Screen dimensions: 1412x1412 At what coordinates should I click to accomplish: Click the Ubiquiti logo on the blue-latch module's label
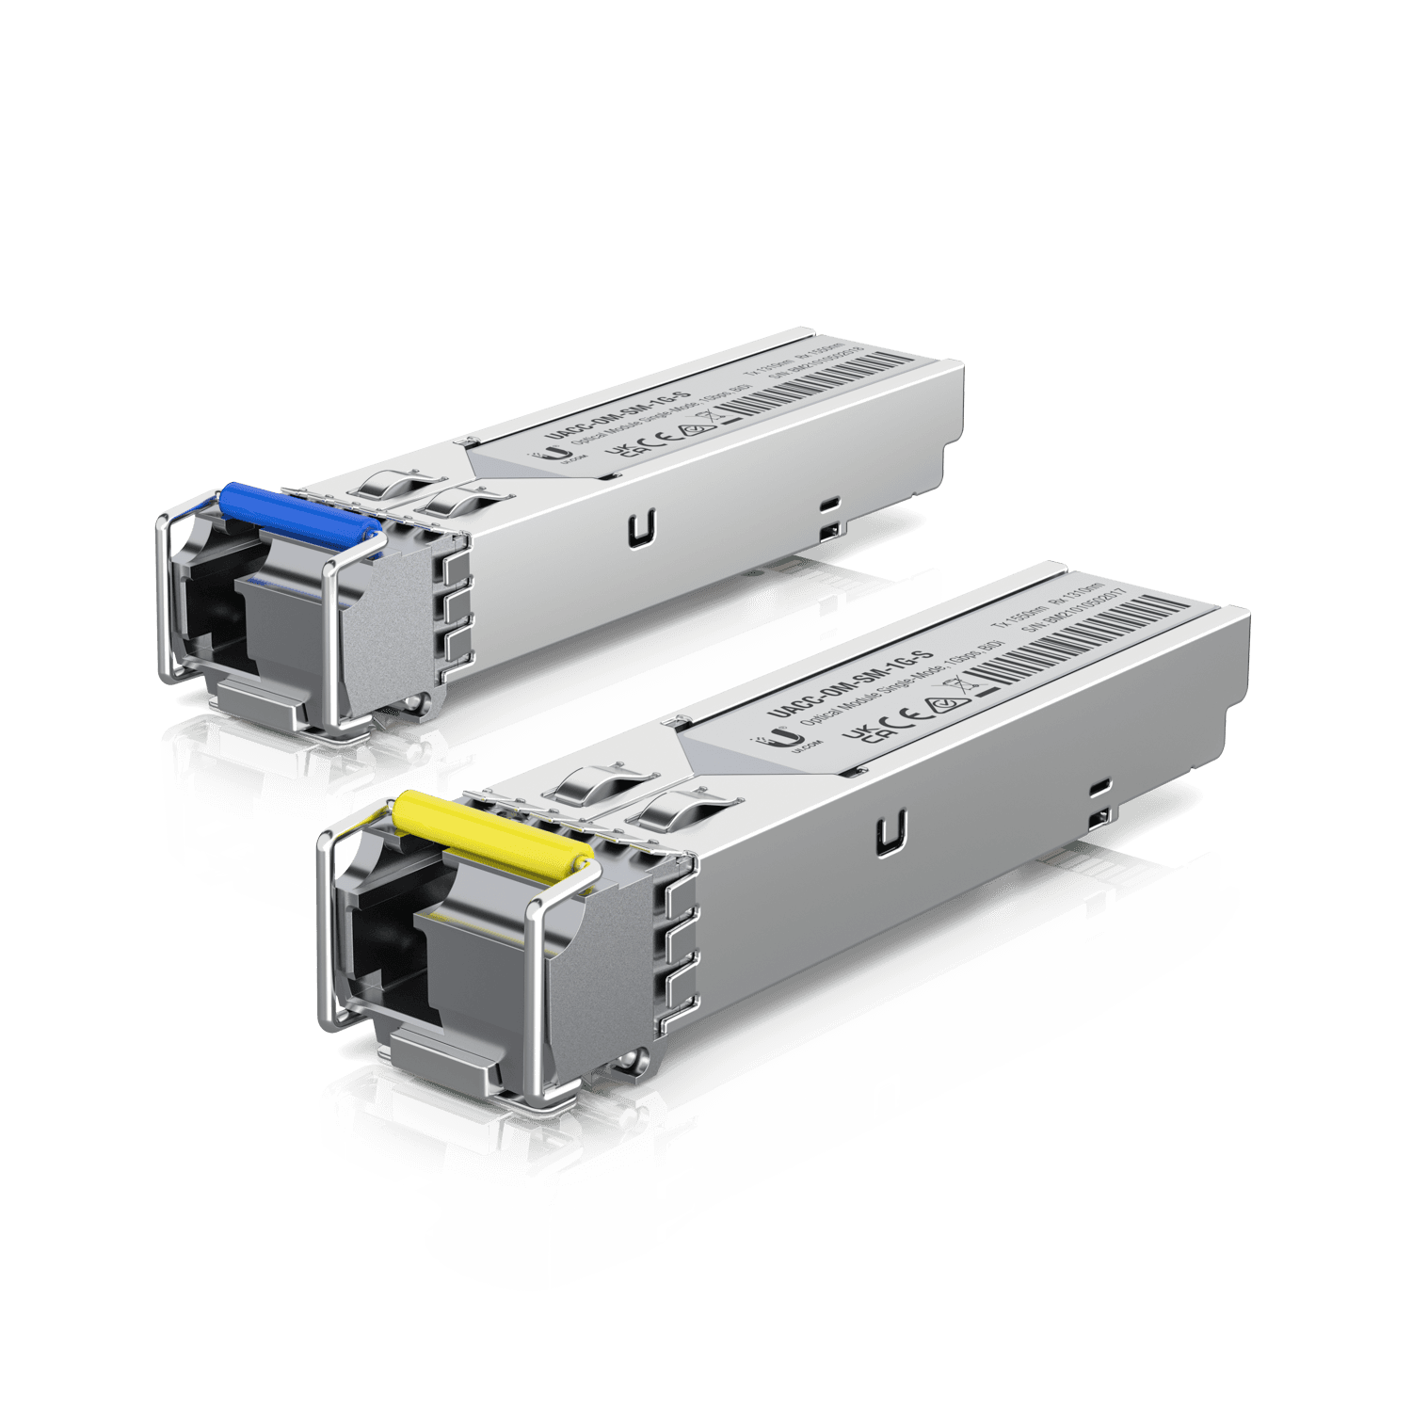point(563,455)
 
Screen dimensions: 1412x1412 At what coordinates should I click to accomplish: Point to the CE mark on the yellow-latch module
point(901,716)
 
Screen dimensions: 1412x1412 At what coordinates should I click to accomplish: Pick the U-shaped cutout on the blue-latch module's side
point(643,527)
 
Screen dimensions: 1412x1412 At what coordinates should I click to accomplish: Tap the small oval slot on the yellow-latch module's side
point(1099,784)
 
